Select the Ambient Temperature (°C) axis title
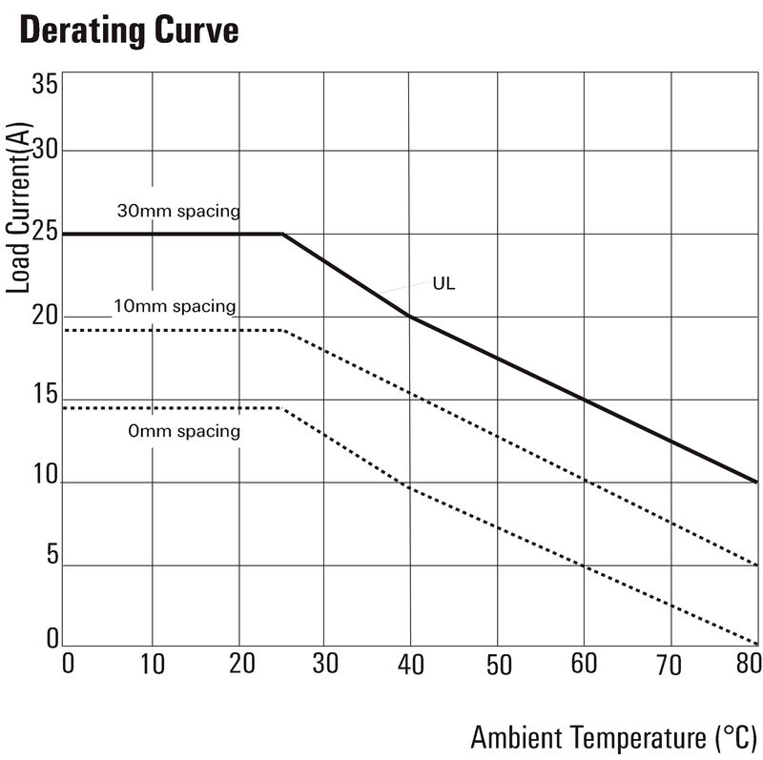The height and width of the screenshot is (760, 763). coord(614,736)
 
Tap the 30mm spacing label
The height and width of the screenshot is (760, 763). coord(178,210)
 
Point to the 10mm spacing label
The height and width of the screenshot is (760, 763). coord(174,306)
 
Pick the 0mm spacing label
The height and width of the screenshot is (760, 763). coord(184,431)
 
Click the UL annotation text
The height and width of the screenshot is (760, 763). coord(443,283)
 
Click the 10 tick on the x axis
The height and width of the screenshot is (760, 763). coord(153,665)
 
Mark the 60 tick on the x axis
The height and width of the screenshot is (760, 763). coord(583,665)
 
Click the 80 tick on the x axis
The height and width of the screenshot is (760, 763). coord(751,665)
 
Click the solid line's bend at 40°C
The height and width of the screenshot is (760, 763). coord(408,316)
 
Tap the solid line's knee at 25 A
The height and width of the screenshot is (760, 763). coord(282,234)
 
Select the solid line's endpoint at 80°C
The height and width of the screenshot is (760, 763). coord(756,482)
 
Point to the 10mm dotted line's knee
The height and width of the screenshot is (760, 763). coord(285,331)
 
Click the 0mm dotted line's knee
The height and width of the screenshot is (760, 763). coord(282,408)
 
